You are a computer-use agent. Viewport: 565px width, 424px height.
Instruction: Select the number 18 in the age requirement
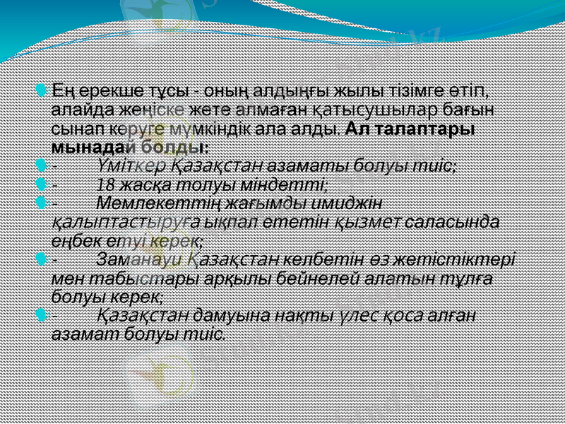click(106, 184)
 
